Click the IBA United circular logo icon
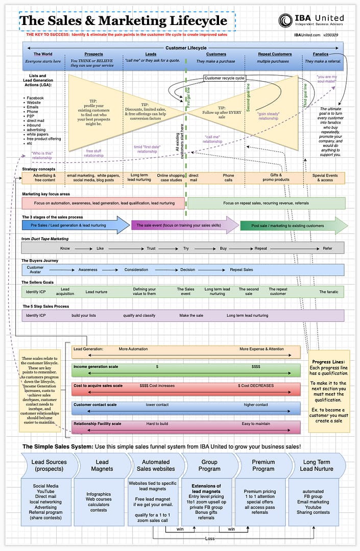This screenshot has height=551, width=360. point(286,20)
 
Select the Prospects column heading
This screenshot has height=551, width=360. point(93,54)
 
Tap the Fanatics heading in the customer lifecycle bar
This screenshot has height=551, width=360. point(321,54)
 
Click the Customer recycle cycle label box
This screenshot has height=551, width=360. point(225,78)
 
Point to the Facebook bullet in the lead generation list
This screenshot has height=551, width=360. point(35,98)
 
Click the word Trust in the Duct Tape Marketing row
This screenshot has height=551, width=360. point(151,248)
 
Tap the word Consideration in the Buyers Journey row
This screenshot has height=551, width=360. point(136,269)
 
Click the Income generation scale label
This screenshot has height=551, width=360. point(95,367)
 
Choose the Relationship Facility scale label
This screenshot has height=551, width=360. point(97,424)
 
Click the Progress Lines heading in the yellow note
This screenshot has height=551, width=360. point(329,362)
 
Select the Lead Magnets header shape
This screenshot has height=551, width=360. point(102,465)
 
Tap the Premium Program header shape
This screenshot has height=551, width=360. point(263,465)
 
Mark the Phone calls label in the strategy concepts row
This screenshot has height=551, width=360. point(228,178)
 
